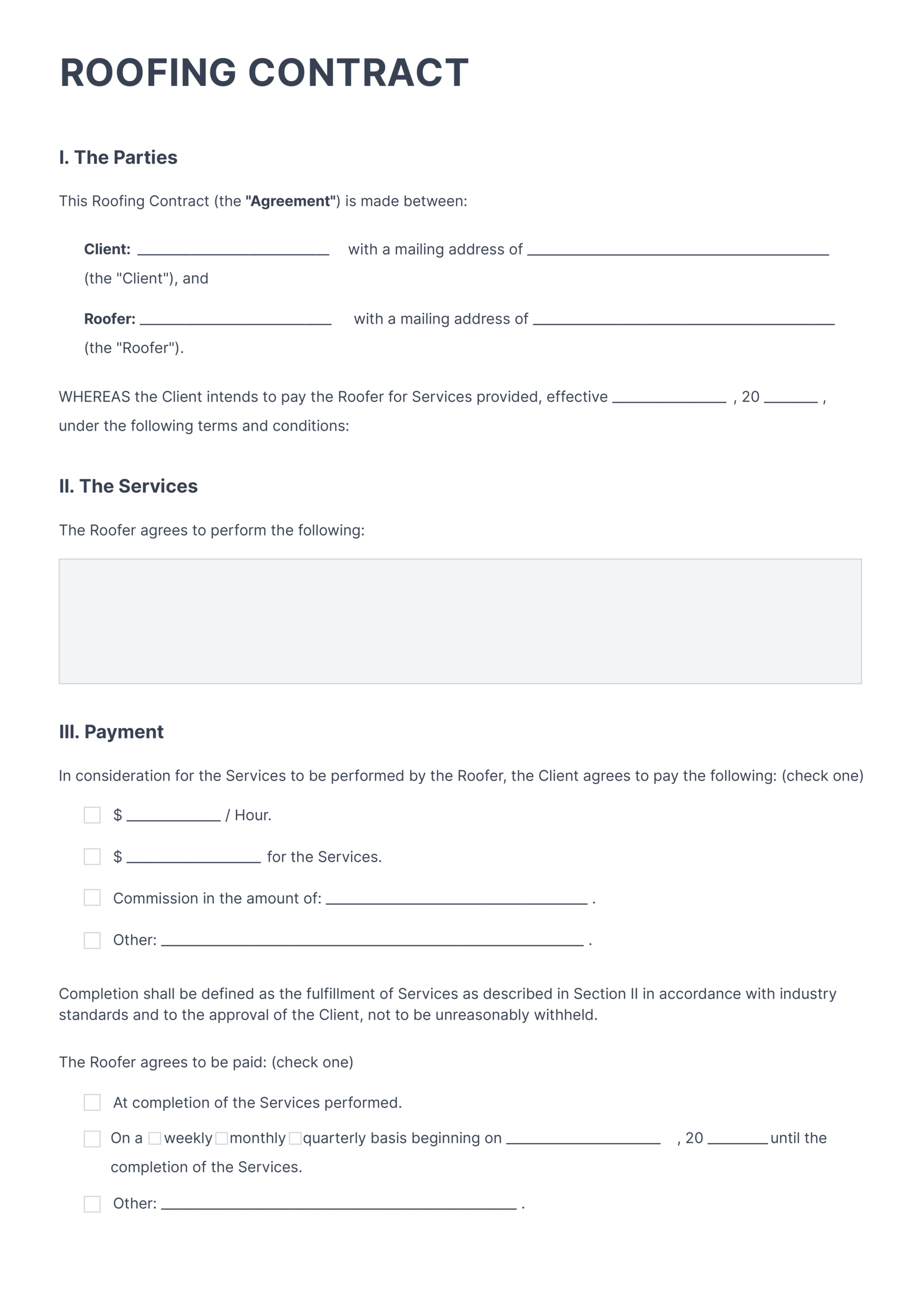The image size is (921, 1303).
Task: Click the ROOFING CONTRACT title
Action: point(264,73)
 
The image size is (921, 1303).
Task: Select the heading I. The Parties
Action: point(118,157)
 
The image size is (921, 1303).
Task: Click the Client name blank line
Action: point(233,251)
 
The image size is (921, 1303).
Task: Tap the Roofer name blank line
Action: point(236,320)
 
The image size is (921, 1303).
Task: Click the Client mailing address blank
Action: point(678,251)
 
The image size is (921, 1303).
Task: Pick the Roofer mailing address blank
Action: point(683,320)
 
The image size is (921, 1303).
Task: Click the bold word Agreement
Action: point(291,202)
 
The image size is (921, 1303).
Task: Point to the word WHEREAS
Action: point(94,396)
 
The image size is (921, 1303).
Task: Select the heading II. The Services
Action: point(128,487)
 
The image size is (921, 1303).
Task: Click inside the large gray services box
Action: point(459,621)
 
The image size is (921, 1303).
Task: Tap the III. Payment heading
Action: point(111,731)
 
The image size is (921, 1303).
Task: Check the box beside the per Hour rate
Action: point(92,815)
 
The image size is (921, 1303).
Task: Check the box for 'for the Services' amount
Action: point(92,857)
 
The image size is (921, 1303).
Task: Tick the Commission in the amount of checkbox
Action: point(92,898)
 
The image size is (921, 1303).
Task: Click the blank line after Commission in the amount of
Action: point(456,899)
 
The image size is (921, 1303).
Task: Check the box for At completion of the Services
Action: point(92,1102)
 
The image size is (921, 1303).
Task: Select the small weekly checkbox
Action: point(154,1139)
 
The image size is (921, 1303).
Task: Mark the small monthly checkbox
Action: point(222,1139)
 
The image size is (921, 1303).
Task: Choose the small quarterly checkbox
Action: point(295,1139)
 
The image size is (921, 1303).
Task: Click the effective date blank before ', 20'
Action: point(669,398)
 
